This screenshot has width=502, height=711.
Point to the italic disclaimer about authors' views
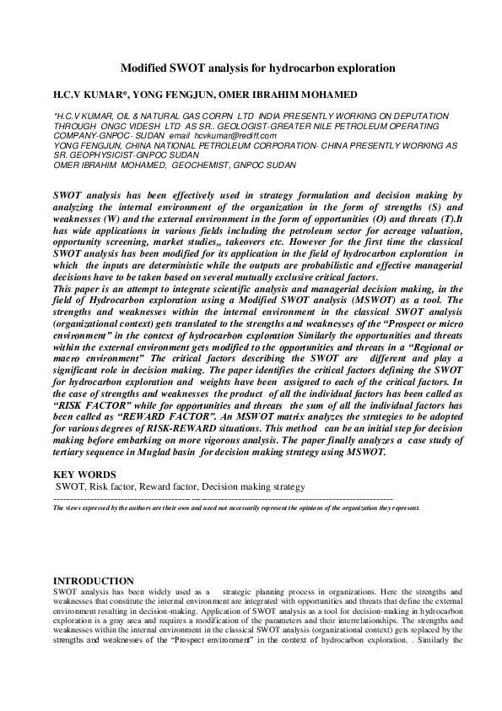pos(236,508)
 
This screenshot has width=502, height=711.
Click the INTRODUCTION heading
pos(93,581)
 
